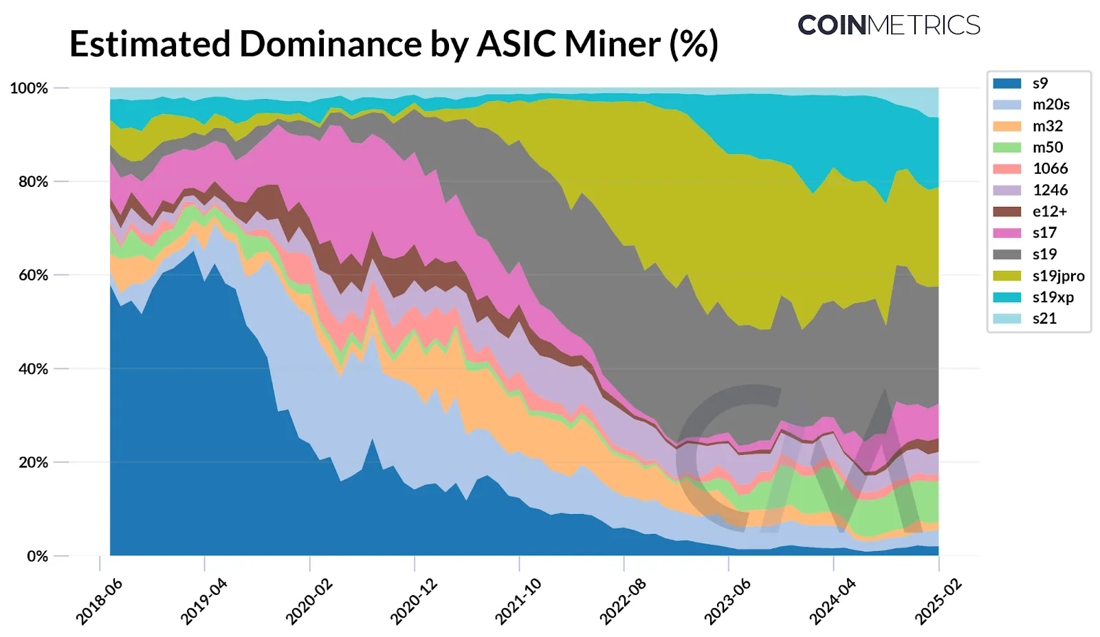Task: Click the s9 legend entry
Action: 1039,83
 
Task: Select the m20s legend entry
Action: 1050,104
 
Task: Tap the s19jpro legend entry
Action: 1058,276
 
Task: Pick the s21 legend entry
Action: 1044,318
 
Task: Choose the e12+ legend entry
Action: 1049,212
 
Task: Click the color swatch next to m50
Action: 1006,147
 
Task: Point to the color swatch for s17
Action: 1006,233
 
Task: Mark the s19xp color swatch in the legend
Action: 1006,297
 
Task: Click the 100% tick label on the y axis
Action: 29,88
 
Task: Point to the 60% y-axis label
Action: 33,275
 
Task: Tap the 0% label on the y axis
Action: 37,556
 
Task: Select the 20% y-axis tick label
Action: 33,462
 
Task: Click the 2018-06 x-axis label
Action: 99,601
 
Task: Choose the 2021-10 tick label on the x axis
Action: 518,601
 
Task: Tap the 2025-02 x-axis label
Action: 937,601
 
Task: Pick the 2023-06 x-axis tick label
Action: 727,601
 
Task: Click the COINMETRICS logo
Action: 888,25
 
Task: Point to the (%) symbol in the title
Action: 694,44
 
